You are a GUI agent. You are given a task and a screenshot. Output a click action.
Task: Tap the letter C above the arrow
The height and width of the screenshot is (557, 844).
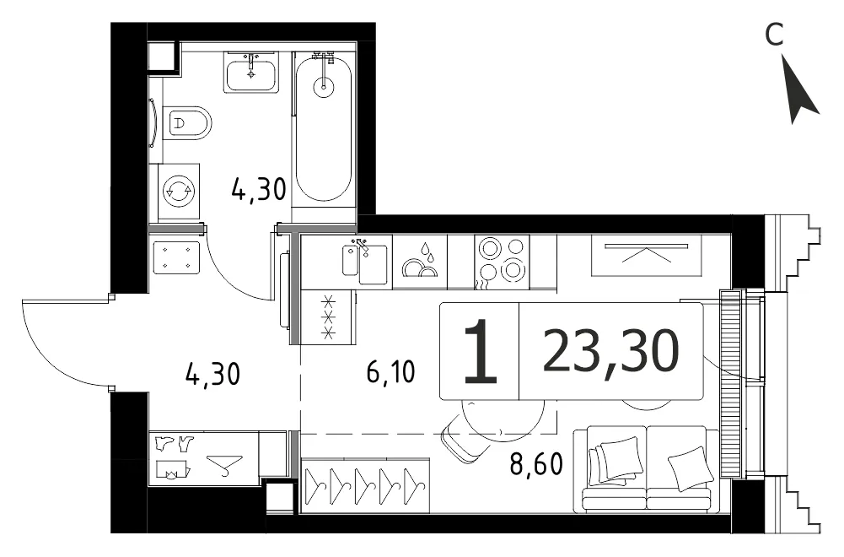click(774, 35)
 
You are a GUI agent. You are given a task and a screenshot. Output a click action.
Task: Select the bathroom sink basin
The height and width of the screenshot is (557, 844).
click(251, 72)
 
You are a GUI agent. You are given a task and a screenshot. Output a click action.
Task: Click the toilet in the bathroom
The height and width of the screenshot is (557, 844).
click(187, 123)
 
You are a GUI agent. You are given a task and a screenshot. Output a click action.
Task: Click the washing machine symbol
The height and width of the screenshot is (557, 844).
click(179, 191)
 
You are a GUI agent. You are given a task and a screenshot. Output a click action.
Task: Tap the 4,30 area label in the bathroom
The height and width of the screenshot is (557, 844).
click(258, 189)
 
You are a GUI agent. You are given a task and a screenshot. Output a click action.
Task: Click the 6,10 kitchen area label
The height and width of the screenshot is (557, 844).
click(390, 371)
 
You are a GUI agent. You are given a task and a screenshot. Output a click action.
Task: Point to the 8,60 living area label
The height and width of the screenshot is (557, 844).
click(536, 463)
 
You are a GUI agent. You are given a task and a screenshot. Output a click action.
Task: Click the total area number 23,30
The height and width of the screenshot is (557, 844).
click(611, 351)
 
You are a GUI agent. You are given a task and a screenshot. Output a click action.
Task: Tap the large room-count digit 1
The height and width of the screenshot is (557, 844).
click(480, 351)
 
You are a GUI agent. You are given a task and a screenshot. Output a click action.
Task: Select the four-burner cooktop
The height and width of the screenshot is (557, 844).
click(502, 262)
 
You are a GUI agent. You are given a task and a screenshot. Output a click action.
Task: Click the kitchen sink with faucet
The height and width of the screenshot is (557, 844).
click(365, 262)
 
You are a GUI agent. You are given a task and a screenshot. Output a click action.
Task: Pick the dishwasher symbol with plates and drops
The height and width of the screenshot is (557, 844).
click(420, 262)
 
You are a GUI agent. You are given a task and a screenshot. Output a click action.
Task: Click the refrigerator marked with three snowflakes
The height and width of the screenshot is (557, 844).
click(328, 316)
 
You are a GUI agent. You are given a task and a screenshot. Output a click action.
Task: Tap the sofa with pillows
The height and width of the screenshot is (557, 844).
click(646, 468)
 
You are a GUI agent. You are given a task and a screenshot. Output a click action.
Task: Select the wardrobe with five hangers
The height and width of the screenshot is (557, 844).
click(365, 484)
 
